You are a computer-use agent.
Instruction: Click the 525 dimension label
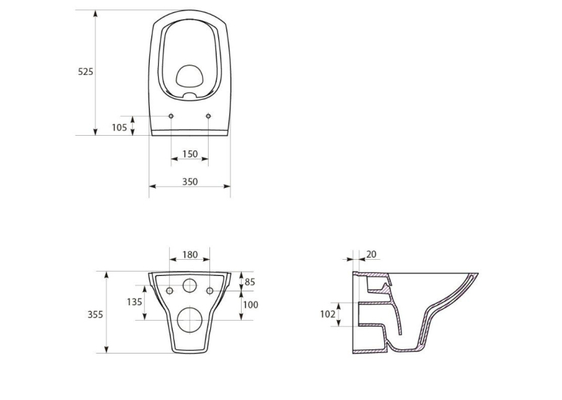click(x=85, y=72)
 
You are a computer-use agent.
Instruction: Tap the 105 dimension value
click(x=119, y=127)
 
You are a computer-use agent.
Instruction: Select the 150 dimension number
click(x=190, y=154)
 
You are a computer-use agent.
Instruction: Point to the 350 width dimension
click(x=190, y=182)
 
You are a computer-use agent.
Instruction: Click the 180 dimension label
click(x=190, y=255)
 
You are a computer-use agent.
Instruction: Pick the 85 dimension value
click(x=250, y=282)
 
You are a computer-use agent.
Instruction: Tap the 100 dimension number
click(x=251, y=305)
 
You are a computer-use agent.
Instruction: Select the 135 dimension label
click(x=134, y=302)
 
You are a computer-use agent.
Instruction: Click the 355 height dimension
click(x=96, y=314)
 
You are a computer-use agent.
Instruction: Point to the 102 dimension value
click(x=328, y=314)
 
